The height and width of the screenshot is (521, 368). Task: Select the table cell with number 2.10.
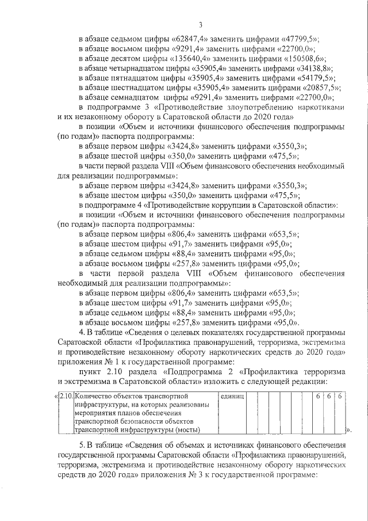(x=67, y=397)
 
